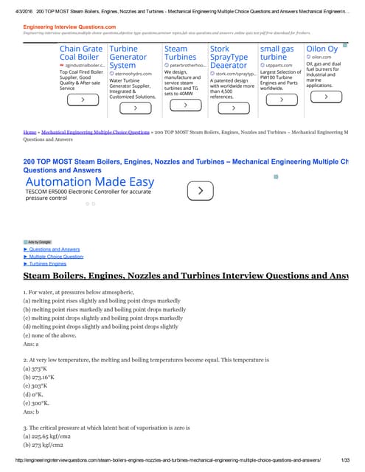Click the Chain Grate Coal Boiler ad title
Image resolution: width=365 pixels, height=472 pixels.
point(81,55)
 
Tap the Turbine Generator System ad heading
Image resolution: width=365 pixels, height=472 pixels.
point(128,55)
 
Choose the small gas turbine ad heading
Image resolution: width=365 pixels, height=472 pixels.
point(278,52)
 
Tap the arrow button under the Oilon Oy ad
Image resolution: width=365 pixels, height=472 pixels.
point(325,97)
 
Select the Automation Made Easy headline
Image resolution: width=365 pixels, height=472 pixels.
point(90,182)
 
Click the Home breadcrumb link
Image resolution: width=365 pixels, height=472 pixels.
point(29,132)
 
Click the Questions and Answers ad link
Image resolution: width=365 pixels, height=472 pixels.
point(55,249)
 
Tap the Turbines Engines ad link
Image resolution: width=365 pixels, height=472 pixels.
point(48,263)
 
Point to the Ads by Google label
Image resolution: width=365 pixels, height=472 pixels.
point(38,242)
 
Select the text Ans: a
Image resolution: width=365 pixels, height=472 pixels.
point(31,344)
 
